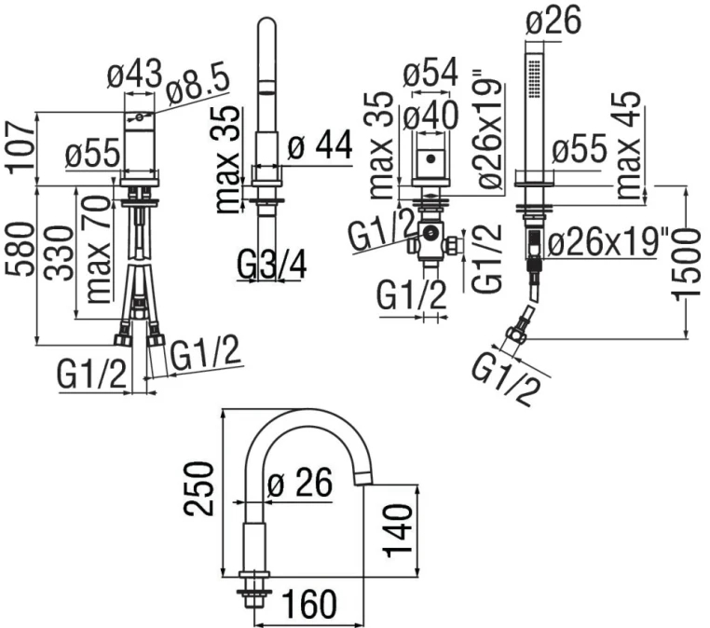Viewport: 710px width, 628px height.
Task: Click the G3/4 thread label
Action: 272,266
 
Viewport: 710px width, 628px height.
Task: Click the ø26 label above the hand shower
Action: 557,20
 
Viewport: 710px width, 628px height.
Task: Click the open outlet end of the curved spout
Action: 366,478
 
